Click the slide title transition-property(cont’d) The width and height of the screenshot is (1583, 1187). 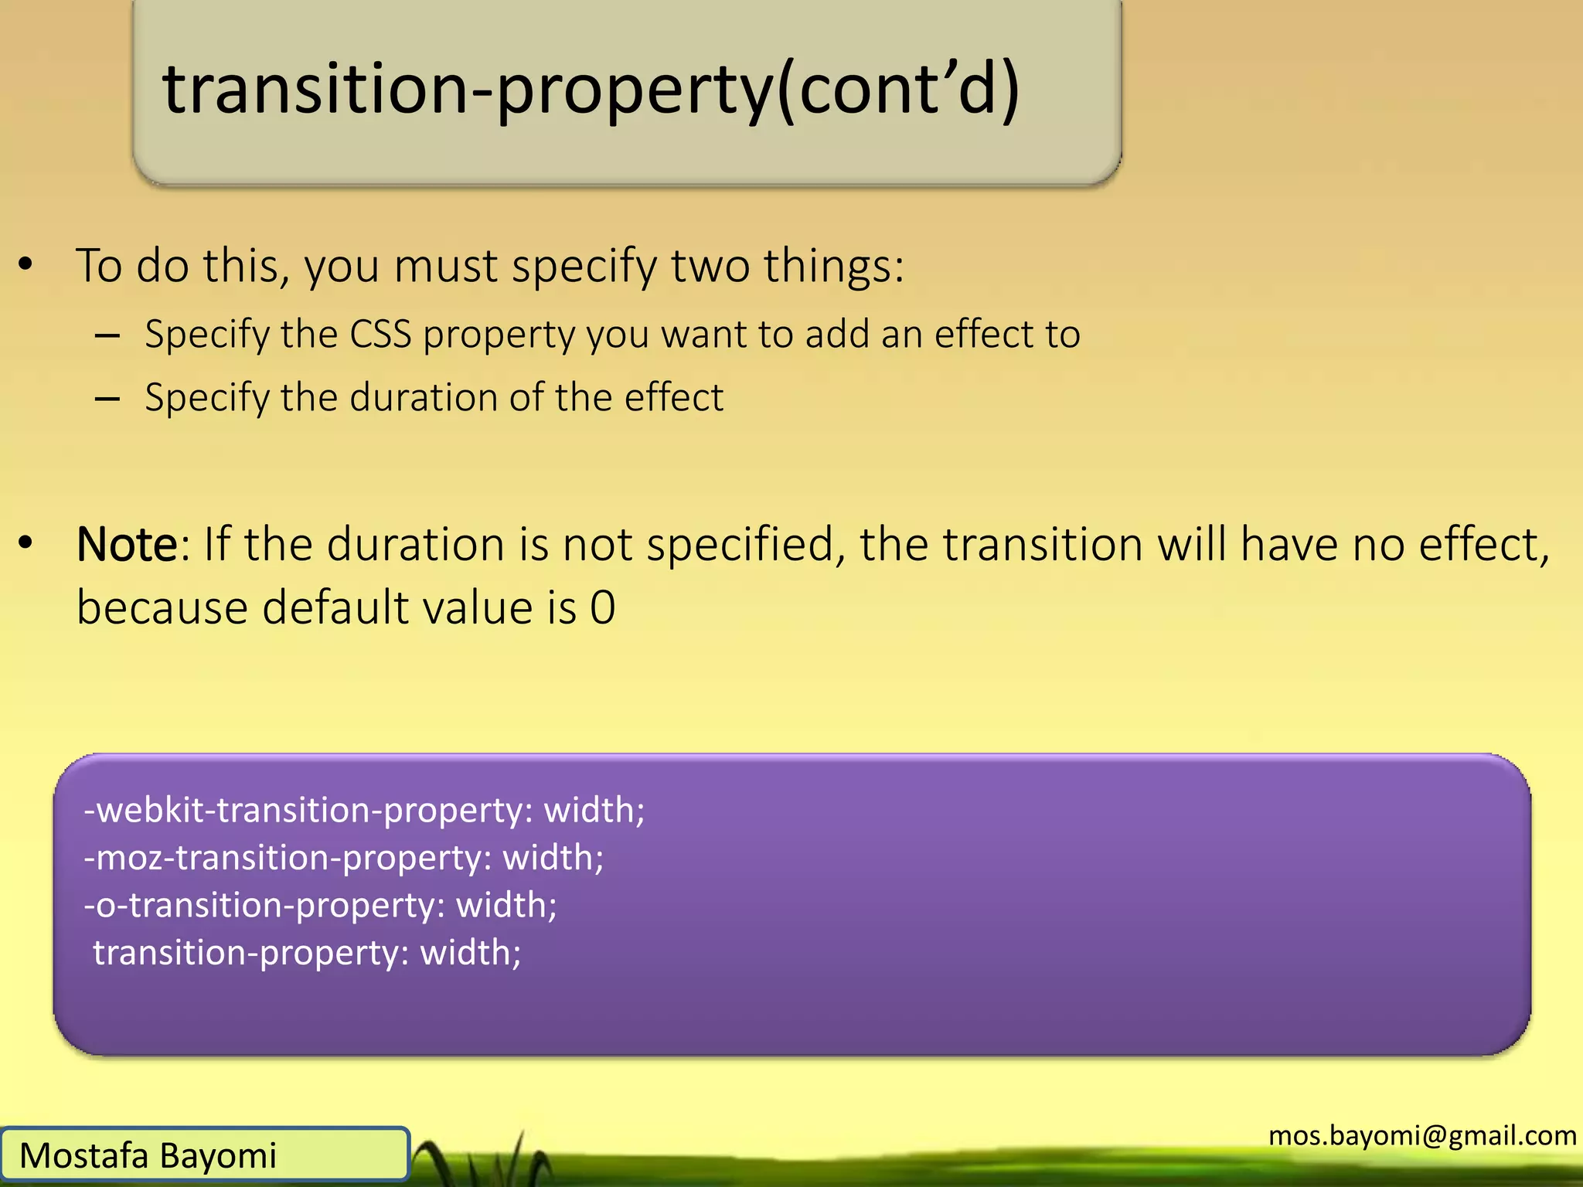pyautogui.click(x=591, y=90)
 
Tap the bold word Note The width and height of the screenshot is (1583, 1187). pyautogui.click(x=128, y=545)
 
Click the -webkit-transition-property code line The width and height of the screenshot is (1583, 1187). pyautogui.click(x=364, y=811)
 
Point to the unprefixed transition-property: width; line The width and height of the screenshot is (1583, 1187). pyautogui.click(x=307, y=953)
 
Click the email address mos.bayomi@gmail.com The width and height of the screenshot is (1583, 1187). pyautogui.click(x=1422, y=1135)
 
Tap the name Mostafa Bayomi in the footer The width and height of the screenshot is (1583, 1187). pyautogui.click(x=148, y=1156)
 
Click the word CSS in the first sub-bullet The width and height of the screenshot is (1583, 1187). pyautogui.click(x=380, y=335)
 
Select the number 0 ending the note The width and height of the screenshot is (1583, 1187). pyautogui.click(x=603, y=607)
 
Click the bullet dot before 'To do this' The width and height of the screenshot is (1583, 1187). pyautogui.click(x=26, y=265)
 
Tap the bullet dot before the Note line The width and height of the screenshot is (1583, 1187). pyautogui.click(x=26, y=544)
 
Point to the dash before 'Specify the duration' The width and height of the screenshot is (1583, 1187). pyautogui.click(x=107, y=400)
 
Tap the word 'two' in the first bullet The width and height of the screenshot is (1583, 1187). pyautogui.click(x=710, y=267)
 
